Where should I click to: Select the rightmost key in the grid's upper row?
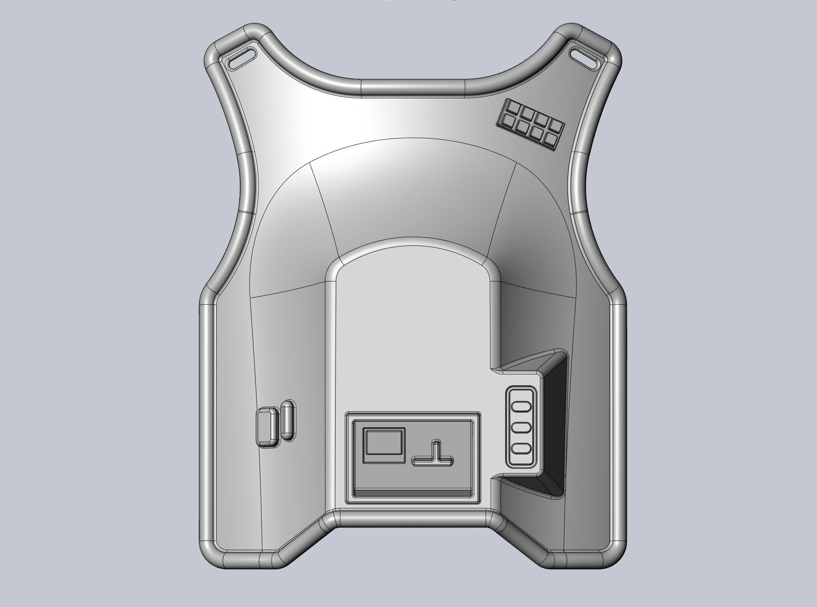(556, 125)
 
